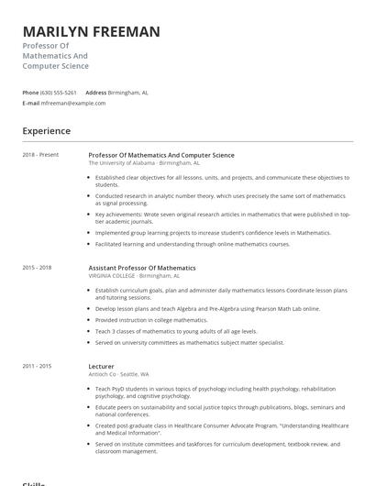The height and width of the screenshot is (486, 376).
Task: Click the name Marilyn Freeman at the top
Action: point(91,31)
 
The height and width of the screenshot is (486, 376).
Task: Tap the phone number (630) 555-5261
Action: point(60,93)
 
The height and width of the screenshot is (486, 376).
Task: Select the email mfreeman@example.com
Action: point(72,103)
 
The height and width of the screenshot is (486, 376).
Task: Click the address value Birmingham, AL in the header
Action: point(128,93)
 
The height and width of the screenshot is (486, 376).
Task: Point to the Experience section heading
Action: point(46,131)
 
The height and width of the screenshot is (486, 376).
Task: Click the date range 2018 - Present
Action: point(39,155)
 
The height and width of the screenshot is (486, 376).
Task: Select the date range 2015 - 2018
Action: point(37,268)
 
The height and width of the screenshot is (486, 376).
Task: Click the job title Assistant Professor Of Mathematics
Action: point(141,268)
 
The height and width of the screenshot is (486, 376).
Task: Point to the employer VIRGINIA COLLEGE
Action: point(112,275)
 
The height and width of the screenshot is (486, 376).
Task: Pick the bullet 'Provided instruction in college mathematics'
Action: point(151,320)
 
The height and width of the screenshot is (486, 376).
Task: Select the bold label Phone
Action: point(30,93)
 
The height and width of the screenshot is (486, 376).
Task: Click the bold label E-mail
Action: point(31,103)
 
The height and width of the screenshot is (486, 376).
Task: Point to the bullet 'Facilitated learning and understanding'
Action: point(193,244)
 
